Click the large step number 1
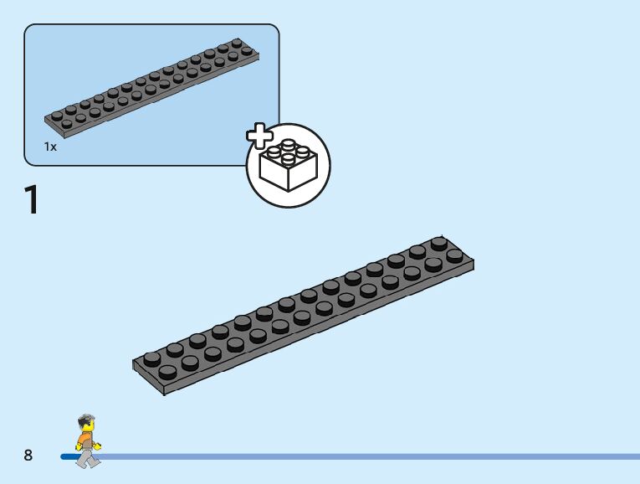tap(32, 201)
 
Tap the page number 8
tap(28, 456)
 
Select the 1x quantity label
tap(51, 147)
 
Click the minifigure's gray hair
tap(86, 420)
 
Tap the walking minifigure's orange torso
tap(85, 437)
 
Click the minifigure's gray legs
tap(85, 457)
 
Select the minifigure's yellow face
tap(87, 427)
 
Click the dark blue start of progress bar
tap(67, 457)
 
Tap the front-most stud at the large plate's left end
tap(167, 372)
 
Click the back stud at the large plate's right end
tap(439, 243)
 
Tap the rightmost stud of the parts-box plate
tap(248, 50)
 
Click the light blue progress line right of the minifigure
tap(376, 457)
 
